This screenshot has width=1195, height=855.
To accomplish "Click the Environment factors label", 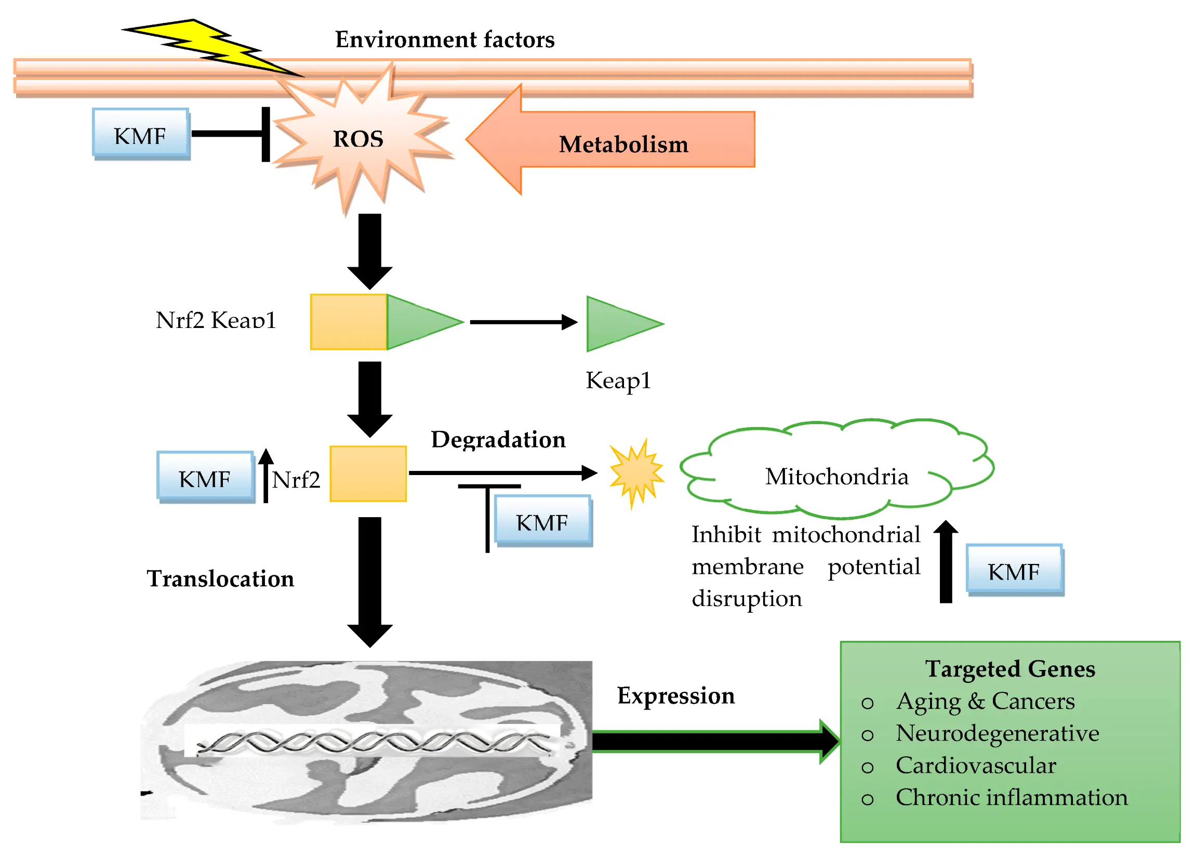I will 445,40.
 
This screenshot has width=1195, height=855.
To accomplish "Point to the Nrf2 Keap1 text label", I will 216,320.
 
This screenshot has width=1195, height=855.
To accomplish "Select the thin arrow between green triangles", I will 521,322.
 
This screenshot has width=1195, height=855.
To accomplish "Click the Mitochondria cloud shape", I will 836,469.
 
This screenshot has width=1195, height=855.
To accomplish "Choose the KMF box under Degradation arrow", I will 542,521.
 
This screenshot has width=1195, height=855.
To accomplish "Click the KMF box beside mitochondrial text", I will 1014,570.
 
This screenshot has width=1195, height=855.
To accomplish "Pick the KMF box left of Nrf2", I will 205,477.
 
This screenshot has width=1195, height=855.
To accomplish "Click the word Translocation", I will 220,578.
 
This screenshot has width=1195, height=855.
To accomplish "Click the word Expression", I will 675,695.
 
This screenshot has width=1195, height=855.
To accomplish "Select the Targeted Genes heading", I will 1010,669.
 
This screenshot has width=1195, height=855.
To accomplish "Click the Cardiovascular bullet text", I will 975,766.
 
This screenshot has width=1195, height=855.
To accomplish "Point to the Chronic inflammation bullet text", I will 1011,798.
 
